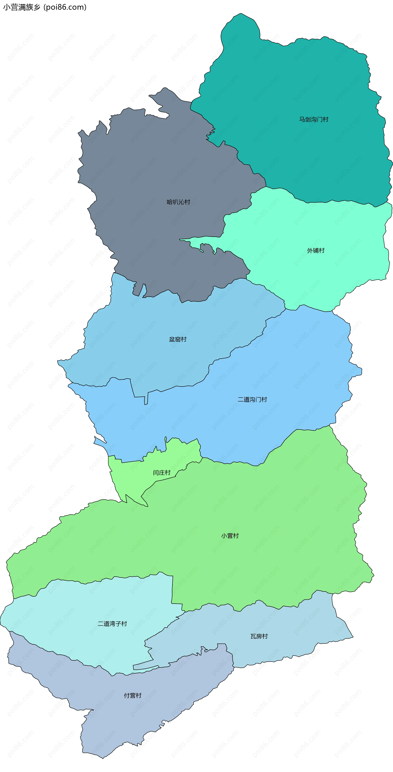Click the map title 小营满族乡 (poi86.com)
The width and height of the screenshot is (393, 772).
click(x=45, y=7)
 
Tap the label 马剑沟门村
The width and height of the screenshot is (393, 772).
click(x=314, y=119)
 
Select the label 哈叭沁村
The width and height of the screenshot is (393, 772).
click(x=178, y=202)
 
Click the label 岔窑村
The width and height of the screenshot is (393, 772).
click(x=178, y=339)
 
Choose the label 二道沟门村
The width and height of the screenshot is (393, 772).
click(x=252, y=399)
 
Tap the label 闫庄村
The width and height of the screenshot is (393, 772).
click(x=162, y=473)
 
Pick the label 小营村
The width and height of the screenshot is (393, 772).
click(x=230, y=536)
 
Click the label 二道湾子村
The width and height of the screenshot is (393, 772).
click(x=112, y=624)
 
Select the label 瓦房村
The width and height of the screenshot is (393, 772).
click(x=259, y=636)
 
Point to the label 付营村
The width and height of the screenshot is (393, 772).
click(x=133, y=696)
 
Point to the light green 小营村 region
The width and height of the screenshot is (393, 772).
click(x=269, y=509)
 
